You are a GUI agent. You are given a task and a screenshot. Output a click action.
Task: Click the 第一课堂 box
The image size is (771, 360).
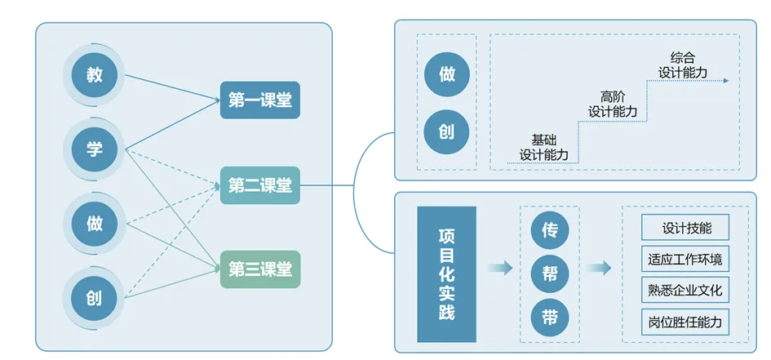[x=260, y=100]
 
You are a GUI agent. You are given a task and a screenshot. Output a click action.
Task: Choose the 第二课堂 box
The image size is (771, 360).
[x=260, y=185]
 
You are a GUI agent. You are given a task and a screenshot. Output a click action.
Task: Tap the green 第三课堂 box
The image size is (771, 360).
[x=260, y=270]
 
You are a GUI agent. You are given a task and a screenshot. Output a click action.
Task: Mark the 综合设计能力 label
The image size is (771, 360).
[x=683, y=65]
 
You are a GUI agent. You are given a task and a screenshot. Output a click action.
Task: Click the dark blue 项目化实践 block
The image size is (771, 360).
[x=446, y=274]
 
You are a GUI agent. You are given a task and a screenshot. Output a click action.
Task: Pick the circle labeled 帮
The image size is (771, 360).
[x=549, y=273]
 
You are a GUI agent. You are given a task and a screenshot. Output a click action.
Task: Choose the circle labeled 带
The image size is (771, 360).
[x=549, y=317]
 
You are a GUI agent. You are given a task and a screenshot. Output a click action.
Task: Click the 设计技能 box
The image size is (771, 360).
[x=683, y=229]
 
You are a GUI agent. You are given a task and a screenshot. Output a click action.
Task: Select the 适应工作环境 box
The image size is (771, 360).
[x=683, y=260]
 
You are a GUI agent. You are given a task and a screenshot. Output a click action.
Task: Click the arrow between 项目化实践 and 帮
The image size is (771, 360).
[x=500, y=268]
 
